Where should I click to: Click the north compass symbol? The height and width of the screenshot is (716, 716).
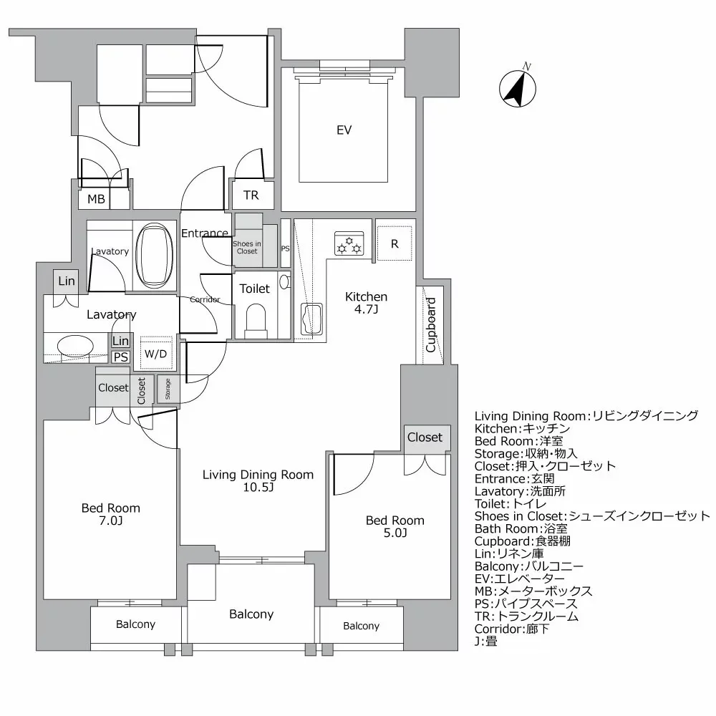[x=518, y=89]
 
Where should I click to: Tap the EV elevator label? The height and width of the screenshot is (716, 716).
[x=344, y=130]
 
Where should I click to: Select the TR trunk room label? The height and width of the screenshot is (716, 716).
[x=251, y=195]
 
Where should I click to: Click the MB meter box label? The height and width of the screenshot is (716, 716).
[x=96, y=199]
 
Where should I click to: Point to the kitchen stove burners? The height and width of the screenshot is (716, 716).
[x=349, y=244]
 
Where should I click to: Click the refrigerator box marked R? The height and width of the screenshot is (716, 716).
[x=395, y=244]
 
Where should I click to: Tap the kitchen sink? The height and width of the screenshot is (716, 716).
[x=313, y=319]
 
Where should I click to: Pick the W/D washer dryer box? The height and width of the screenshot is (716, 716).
[x=156, y=353]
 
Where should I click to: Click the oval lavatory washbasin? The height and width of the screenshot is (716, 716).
[x=74, y=347]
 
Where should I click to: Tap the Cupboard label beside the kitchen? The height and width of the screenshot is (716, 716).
[x=431, y=325]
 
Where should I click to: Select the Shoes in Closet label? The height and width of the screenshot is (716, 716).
[x=246, y=247]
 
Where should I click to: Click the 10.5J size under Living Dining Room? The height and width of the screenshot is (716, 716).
[x=258, y=488]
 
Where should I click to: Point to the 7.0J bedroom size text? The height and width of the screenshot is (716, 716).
[x=110, y=521]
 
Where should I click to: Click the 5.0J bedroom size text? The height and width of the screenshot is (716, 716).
[x=395, y=533]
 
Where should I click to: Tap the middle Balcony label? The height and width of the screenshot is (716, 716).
[x=251, y=614]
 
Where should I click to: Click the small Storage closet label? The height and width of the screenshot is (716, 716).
[x=168, y=390]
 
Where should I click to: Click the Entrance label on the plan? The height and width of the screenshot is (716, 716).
[x=204, y=233]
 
